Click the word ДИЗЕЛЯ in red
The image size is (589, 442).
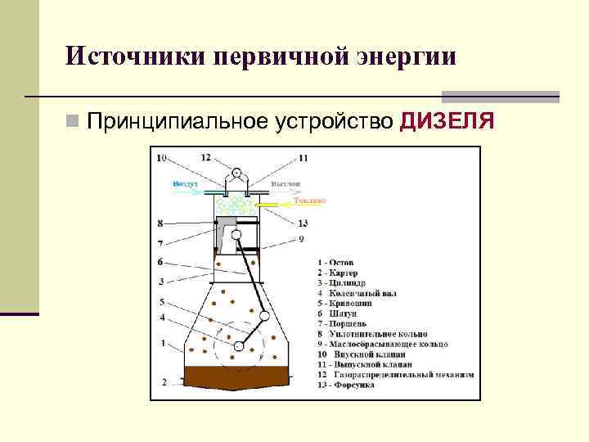pyautogui.click(x=447, y=122)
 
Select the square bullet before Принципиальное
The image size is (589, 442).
pyautogui.click(x=74, y=123)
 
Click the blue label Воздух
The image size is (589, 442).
pyautogui.click(x=185, y=184)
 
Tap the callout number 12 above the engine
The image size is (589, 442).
pyautogui.click(x=205, y=156)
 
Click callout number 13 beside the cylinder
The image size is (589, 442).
pyautogui.click(x=303, y=223)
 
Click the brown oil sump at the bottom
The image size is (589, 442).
pyautogui.click(x=237, y=377)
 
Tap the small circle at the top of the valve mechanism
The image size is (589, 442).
pyautogui.click(x=237, y=173)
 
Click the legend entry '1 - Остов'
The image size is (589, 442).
pyautogui.click(x=336, y=263)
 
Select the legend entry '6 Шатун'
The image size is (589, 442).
pyautogui.click(x=337, y=313)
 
